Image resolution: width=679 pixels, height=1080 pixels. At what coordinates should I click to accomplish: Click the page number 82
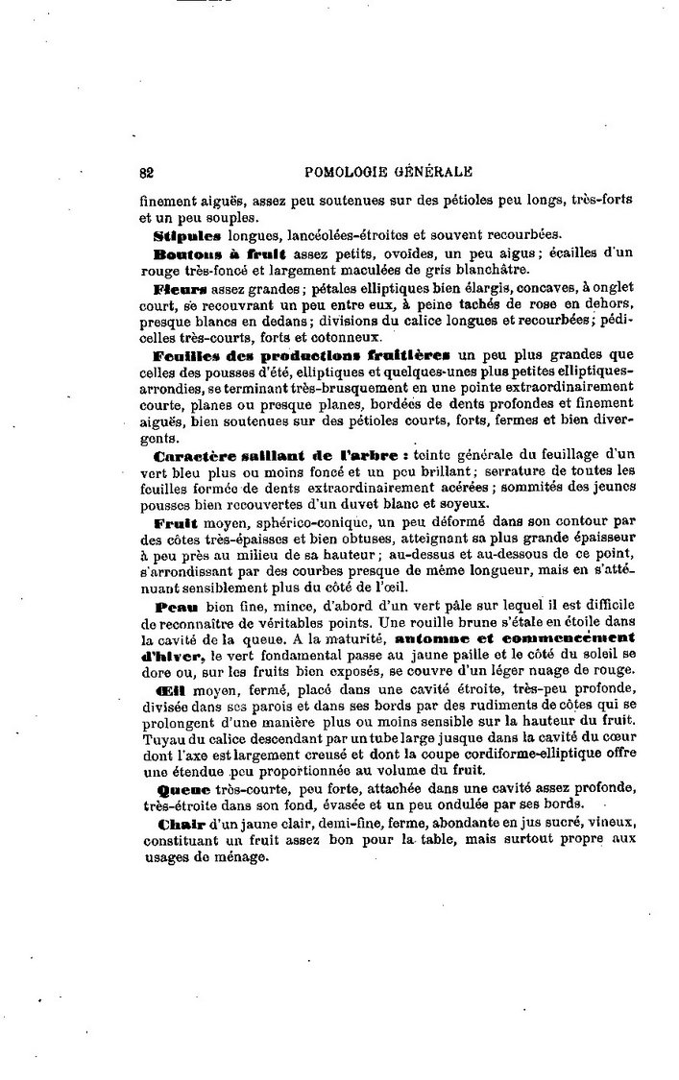pos(147,173)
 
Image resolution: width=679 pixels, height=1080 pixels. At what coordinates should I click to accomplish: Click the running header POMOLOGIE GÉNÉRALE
pos(388,173)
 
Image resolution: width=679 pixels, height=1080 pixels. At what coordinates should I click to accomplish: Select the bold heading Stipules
pos(187,234)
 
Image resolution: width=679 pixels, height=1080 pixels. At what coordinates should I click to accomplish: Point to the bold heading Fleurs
pos(180,287)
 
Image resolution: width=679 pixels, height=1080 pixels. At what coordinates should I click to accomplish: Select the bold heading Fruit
pos(176,522)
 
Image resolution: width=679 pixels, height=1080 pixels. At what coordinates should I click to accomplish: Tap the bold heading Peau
pos(174,607)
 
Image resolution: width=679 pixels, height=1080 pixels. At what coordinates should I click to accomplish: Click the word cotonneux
pos(350,337)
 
